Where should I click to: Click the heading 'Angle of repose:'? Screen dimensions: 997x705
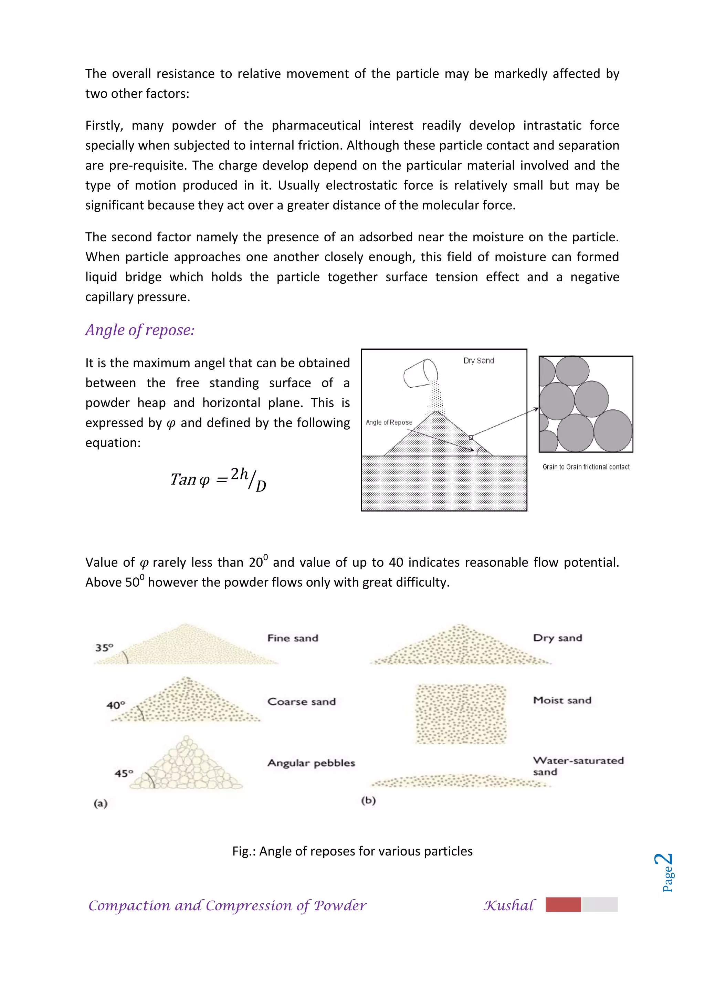tap(140, 330)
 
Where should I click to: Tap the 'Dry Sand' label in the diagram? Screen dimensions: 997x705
tap(478, 360)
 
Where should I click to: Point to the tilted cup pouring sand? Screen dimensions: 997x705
tap(421, 372)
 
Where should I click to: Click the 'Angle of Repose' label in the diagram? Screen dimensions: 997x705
tap(389, 422)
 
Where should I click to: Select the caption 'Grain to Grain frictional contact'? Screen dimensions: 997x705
tap(586, 467)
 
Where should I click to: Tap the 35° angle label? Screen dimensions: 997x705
tap(104, 648)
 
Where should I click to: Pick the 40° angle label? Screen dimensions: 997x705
tap(116, 705)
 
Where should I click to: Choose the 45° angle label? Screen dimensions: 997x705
tap(124, 773)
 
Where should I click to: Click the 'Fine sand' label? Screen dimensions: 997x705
tap(293, 638)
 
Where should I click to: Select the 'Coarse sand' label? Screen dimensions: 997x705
tap(301, 702)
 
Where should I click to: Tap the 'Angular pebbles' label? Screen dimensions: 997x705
tap(311, 763)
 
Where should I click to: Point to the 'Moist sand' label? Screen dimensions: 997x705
tap(562, 700)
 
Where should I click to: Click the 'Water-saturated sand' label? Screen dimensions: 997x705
tap(578, 766)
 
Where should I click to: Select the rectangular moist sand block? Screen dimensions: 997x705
tap(461, 714)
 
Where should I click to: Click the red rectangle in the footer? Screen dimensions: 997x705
tap(563, 904)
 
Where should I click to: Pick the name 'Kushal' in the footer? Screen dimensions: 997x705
tap(509, 905)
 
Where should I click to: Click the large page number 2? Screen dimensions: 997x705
tap(664, 859)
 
